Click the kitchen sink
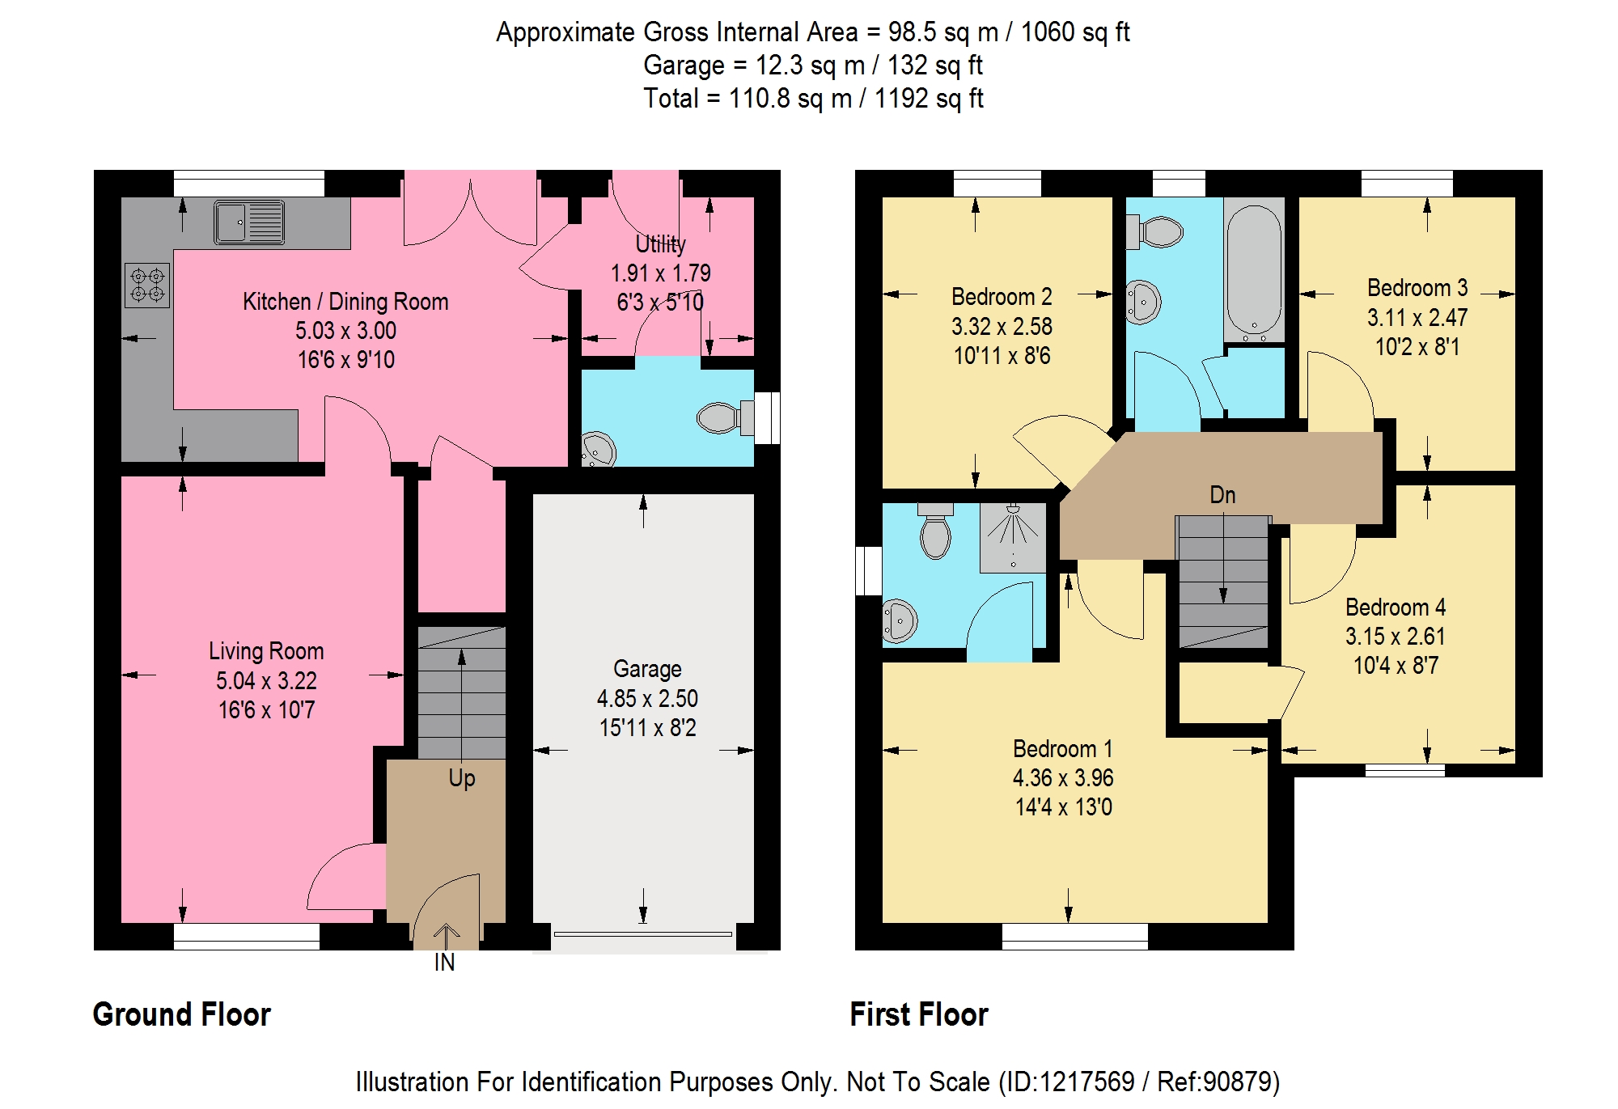click(x=249, y=222)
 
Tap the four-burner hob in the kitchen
click(x=147, y=285)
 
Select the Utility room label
click(x=660, y=243)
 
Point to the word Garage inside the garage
click(x=647, y=669)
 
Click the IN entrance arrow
click(x=446, y=936)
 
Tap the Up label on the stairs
click(x=462, y=778)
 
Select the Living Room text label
click(x=266, y=651)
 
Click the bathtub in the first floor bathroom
click(x=1254, y=270)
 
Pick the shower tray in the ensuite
click(x=1013, y=537)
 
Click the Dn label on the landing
click(x=1222, y=495)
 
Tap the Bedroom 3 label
click(x=1417, y=288)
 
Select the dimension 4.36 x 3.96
click(x=1063, y=778)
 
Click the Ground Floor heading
click(x=182, y=1014)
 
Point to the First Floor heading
click(x=919, y=1014)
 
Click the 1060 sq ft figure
click(x=1075, y=32)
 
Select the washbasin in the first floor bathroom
click(x=1143, y=303)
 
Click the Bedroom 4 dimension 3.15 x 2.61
click(x=1396, y=637)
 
